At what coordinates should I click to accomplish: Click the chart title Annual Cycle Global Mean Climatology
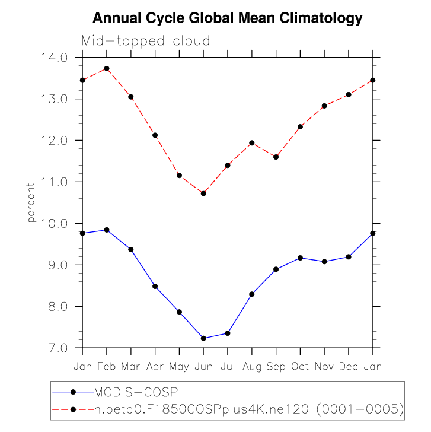point(228,18)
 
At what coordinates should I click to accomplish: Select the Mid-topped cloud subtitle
point(145,41)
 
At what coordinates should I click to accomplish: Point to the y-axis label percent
point(31,202)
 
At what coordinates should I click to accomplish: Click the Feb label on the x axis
point(107,366)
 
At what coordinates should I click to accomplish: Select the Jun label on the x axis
point(203,366)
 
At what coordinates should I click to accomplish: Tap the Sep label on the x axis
point(276,366)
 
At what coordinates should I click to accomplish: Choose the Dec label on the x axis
point(349,366)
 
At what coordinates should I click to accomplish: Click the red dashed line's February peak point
point(107,68)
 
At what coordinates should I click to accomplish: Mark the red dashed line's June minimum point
point(203,193)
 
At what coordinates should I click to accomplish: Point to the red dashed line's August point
point(251,143)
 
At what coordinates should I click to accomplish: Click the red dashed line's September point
point(276,157)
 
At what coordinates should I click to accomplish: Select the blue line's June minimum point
point(203,338)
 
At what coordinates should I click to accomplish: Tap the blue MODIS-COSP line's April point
point(155,287)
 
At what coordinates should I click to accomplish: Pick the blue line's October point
point(300,258)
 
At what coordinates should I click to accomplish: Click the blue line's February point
point(107,230)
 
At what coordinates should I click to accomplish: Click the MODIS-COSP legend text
point(137,392)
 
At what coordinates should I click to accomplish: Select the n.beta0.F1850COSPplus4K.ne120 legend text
point(249,409)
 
